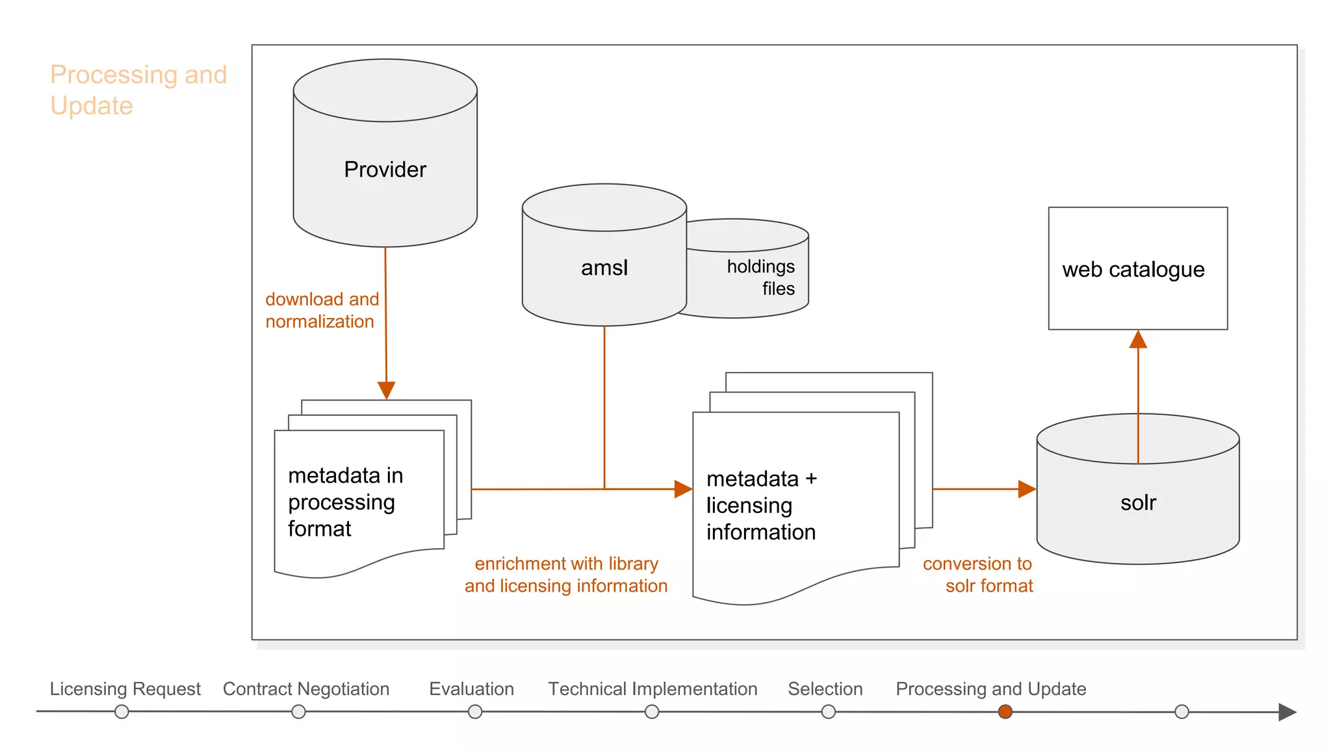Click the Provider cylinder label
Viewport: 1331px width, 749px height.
tap(385, 170)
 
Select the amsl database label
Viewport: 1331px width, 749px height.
tap(604, 268)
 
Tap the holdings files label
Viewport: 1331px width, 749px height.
tap(760, 278)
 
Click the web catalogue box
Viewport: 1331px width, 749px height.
tap(1137, 269)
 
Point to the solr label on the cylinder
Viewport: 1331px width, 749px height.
tap(1138, 503)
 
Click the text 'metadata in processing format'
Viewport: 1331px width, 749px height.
tap(345, 502)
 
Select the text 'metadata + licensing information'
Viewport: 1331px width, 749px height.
tap(761, 505)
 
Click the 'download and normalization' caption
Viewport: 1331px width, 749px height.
tap(322, 310)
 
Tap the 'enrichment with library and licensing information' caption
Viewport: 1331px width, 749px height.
tap(565, 575)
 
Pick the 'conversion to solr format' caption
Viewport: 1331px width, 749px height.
tap(977, 575)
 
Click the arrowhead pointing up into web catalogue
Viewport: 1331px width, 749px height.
tap(1138, 340)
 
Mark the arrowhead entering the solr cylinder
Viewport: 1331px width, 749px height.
tap(1027, 489)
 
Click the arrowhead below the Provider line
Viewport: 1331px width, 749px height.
tap(387, 390)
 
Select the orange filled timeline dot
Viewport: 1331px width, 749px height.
tap(1005, 712)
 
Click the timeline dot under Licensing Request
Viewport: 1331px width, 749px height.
tap(122, 712)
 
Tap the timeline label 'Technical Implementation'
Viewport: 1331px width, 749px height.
tap(653, 689)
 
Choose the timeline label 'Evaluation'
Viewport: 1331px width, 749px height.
tap(471, 689)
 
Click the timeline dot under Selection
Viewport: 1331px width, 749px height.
tap(828, 712)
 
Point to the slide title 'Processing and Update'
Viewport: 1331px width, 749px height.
tap(138, 90)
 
